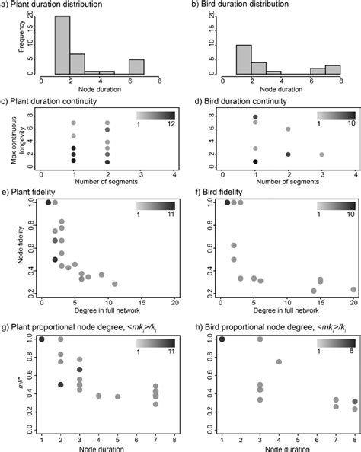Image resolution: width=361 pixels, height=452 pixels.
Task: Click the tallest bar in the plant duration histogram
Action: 62,45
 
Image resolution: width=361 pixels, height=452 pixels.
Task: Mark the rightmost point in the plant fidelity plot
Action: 114,284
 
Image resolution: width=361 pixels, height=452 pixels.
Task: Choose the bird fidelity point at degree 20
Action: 353,289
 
